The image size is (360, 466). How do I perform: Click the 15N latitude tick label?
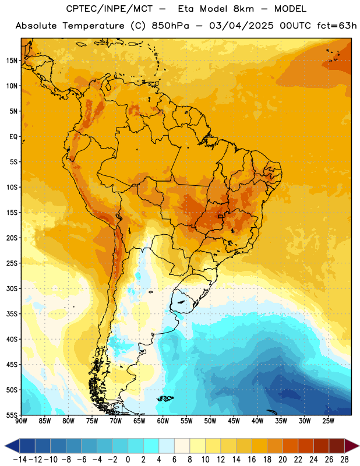click(x=12, y=61)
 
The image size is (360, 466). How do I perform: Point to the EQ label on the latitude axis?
click(x=13, y=137)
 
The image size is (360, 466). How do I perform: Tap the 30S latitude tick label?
click(x=12, y=288)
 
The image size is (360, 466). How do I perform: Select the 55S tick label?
click(x=12, y=415)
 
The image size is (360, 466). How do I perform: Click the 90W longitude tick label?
click(x=21, y=421)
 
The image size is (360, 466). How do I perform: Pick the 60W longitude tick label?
click(x=163, y=421)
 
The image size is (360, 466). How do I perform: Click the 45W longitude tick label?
click(x=234, y=421)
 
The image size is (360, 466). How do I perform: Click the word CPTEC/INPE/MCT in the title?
click(x=110, y=9)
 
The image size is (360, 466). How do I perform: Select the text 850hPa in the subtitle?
click(x=170, y=26)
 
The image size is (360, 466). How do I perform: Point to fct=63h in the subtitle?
click(x=337, y=26)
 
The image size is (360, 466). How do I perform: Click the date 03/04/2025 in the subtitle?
click(x=241, y=26)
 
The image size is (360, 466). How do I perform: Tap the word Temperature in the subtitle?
click(x=93, y=26)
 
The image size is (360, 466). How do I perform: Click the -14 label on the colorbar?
click(x=20, y=460)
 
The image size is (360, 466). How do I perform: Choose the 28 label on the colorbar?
click(x=344, y=460)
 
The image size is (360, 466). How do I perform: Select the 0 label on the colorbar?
click(x=128, y=460)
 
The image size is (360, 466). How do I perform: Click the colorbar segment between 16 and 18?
click(x=260, y=446)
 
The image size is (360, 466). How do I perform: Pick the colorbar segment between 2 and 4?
click(x=151, y=446)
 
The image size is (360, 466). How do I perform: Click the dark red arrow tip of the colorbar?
click(x=352, y=446)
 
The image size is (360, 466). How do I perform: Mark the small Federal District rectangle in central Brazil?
click(x=221, y=216)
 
